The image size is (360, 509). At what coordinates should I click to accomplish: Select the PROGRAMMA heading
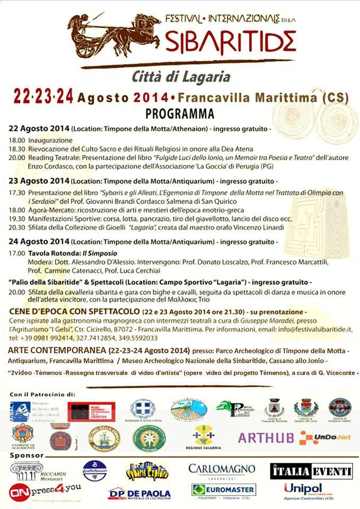click(x=180, y=113)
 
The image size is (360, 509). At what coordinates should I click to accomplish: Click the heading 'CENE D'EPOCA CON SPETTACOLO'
click(x=74, y=311)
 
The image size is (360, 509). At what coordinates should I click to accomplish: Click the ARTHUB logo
click(x=266, y=438)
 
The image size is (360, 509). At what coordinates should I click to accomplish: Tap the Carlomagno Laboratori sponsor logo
click(x=222, y=470)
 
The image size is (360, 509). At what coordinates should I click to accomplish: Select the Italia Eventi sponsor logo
click(x=311, y=470)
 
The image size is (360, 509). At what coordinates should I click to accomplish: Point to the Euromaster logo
click(x=223, y=490)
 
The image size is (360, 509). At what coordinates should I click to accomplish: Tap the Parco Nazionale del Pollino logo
click(x=235, y=409)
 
